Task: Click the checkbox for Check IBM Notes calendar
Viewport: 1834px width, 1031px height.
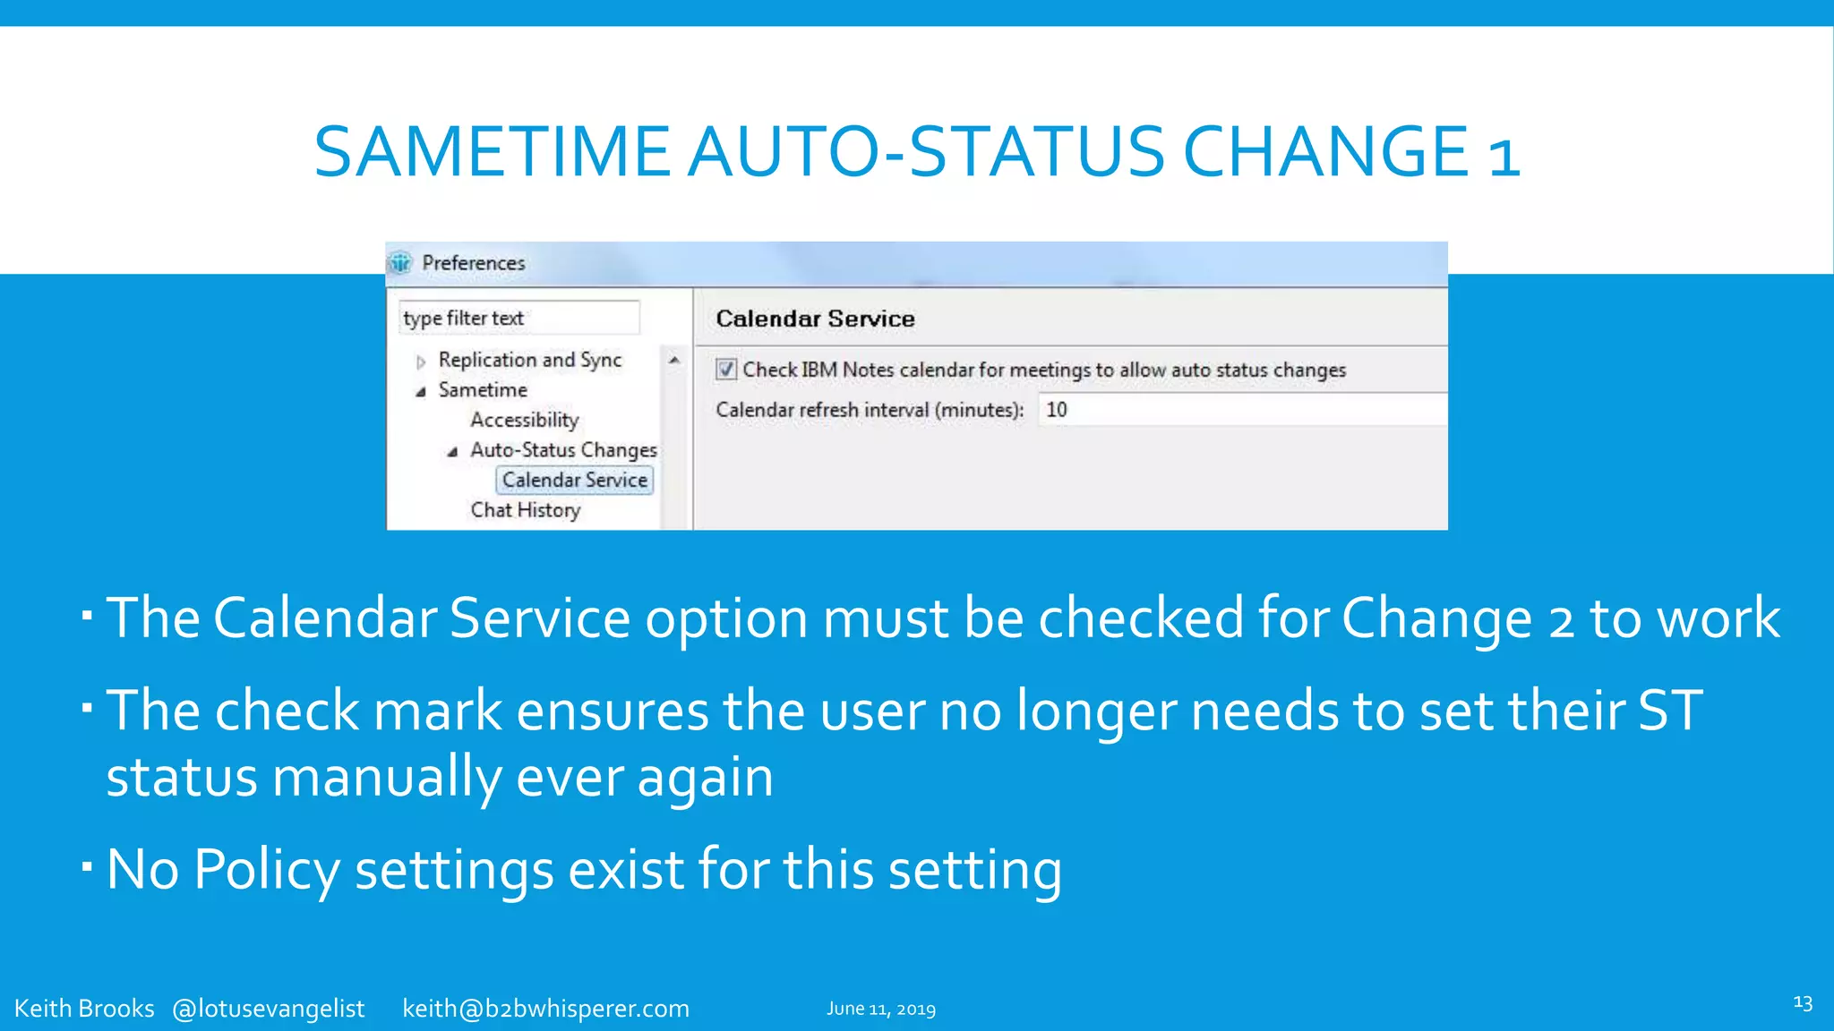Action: (x=726, y=370)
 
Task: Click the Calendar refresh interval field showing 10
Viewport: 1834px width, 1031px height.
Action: (x=1240, y=410)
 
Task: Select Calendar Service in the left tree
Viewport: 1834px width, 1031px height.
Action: (x=574, y=481)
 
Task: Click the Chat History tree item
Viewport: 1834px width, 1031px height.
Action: (x=526, y=510)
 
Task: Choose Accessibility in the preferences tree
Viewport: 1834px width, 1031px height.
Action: (x=525, y=420)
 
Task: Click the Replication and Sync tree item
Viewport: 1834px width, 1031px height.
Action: (x=529, y=360)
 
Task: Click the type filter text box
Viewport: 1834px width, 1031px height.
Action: (x=518, y=319)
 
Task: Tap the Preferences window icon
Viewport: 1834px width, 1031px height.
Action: (x=400, y=263)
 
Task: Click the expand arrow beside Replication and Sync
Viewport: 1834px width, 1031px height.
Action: (x=421, y=362)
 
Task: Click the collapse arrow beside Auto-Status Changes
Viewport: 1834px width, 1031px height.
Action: (x=453, y=452)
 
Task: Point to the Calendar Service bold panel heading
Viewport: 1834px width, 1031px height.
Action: (x=815, y=320)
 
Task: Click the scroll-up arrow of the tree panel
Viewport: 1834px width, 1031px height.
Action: (x=674, y=360)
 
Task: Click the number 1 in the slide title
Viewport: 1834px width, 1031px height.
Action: (x=1504, y=154)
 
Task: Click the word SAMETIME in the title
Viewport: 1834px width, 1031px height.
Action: (x=492, y=152)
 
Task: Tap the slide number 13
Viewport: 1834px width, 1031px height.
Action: (x=1803, y=1003)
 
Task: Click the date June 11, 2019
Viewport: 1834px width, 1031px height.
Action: (x=880, y=1010)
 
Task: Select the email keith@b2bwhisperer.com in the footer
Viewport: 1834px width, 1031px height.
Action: (x=545, y=1009)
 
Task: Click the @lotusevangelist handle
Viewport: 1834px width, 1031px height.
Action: (x=268, y=1009)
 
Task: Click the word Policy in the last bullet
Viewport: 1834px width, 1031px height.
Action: (x=266, y=869)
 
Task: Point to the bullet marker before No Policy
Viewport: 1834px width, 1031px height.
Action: (x=87, y=866)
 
